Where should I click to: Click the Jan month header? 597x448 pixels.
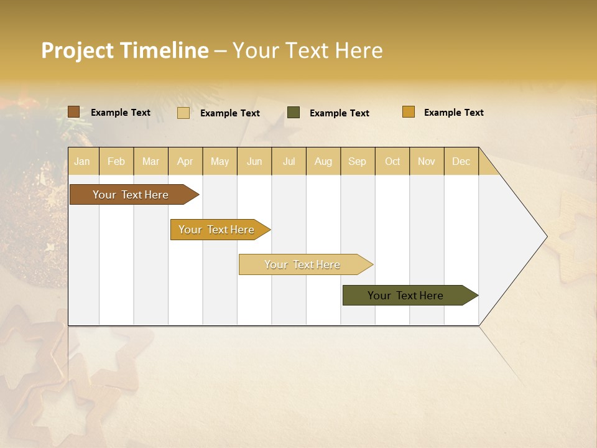coord(83,161)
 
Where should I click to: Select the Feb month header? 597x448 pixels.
coord(116,161)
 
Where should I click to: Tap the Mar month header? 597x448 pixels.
coord(150,161)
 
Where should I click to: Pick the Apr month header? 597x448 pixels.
coord(185,161)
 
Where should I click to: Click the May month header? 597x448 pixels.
coord(220,161)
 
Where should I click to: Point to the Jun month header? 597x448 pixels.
coord(254,161)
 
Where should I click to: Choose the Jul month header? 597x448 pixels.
coord(289,161)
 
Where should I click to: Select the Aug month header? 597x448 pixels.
coord(323,161)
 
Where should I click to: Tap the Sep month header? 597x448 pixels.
coord(358,161)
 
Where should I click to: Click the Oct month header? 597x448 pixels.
coord(392,161)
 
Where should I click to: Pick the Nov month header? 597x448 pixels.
coord(427,161)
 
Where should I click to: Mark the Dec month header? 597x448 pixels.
coord(461,161)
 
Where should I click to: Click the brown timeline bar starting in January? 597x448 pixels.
coord(131,195)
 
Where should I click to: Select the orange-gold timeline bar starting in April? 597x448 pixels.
coord(216,230)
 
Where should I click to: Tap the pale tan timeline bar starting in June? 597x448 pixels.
coord(302,264)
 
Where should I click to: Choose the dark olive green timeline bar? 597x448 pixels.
coord(406,296)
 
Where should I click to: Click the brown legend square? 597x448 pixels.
coord(74,112)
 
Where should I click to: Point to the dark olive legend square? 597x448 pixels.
coord(294,113)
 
